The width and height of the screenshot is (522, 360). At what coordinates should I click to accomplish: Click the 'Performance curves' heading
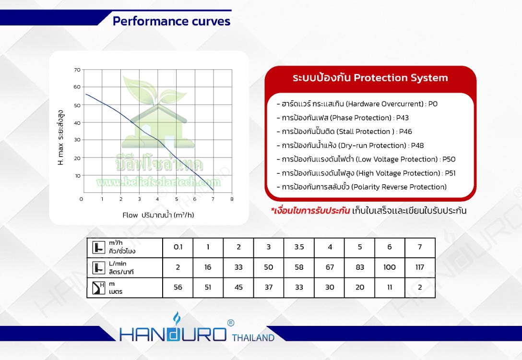pyautogui.click(x=171, y=21)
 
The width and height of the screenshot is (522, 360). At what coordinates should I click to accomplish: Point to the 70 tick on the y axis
pyautogui.click(x=77, y=70)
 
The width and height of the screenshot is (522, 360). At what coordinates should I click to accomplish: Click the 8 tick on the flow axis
pyautogui.click(x=232, y=199)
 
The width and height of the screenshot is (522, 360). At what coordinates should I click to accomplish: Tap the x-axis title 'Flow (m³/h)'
pyautogui.click(x=158, y=215)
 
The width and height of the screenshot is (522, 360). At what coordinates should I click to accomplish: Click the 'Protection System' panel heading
pyautogui.click(x=370, y=78)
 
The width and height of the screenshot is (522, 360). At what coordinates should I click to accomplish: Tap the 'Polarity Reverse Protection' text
pyautogui.click(x=399, y=187)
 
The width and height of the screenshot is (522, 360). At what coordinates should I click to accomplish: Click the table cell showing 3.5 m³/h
pyautogui.click(x=299, y=247)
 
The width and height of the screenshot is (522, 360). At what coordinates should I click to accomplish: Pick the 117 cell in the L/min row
pyautogui.click(x=420, y=267)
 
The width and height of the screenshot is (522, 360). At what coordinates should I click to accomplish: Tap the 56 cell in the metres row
pyautogui.click(x=178, y=288)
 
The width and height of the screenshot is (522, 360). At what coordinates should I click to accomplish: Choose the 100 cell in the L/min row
pyautogui.click(x=390, y=267)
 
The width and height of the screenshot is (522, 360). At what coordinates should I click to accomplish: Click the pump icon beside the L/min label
pyautogui.click(x=98, y=267)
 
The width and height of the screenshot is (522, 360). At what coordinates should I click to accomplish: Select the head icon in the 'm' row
pyautogui.click(x=98, y=288)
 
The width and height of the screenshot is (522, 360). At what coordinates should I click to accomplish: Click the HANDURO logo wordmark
pyautogui.click(x=173, y=333)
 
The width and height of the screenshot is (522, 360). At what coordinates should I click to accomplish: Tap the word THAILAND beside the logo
pyautogui.click(x=253, y=337)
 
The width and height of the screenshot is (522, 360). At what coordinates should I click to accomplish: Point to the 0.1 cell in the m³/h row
pyautogui.click(x=178, y=247)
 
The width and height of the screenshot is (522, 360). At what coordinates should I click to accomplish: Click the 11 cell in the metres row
pyautogui.click(x=390, y=288)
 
